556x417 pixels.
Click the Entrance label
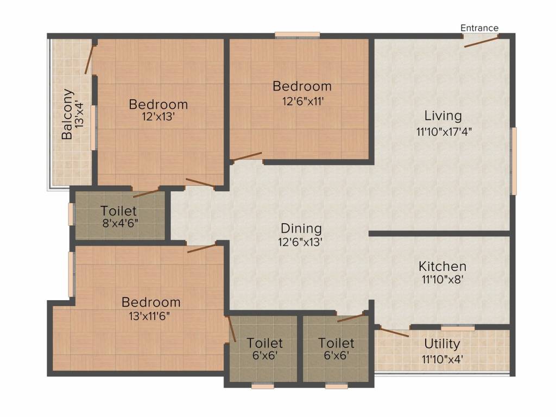coord(479,28)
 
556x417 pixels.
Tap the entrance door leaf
coord(481,41)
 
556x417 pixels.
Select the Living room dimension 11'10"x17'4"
coord(444,132)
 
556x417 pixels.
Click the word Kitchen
coord(442,266)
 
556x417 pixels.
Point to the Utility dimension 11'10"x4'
coord(442,359)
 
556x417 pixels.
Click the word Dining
coord(301,229)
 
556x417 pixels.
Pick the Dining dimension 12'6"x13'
coord(300,242)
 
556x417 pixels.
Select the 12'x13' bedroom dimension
coord(158,116)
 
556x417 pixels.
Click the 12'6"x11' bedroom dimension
coord(303,102)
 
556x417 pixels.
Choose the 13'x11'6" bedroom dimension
coord(149,315)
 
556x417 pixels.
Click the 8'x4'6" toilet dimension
coord(120,224)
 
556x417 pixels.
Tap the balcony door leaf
coord(90,59)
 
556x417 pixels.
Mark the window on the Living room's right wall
coord(513,161)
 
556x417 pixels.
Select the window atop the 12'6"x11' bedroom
coord(298,35)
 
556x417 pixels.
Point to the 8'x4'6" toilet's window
coord(71,214)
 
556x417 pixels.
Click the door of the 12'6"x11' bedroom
coord(247,156)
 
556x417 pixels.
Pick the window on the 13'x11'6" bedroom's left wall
coord(71,274)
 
